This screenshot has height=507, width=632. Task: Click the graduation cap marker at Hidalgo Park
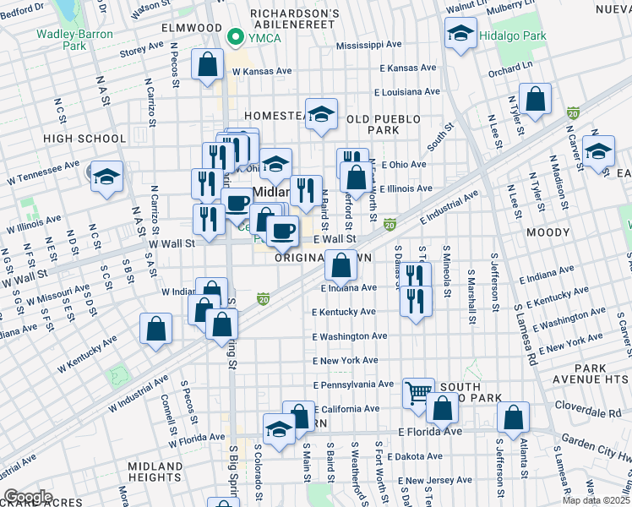pyautogui.click(x=460, y=33)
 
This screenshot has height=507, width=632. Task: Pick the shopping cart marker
pyautogui.click(x=418, y=391)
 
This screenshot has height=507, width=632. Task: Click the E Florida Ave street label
pyautogui.click(x=430, y=432)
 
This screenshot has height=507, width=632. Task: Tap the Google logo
pyautogui.click(x=28, y=497)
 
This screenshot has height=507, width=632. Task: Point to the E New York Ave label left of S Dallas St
pyautogui.click(x=345, y=361)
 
